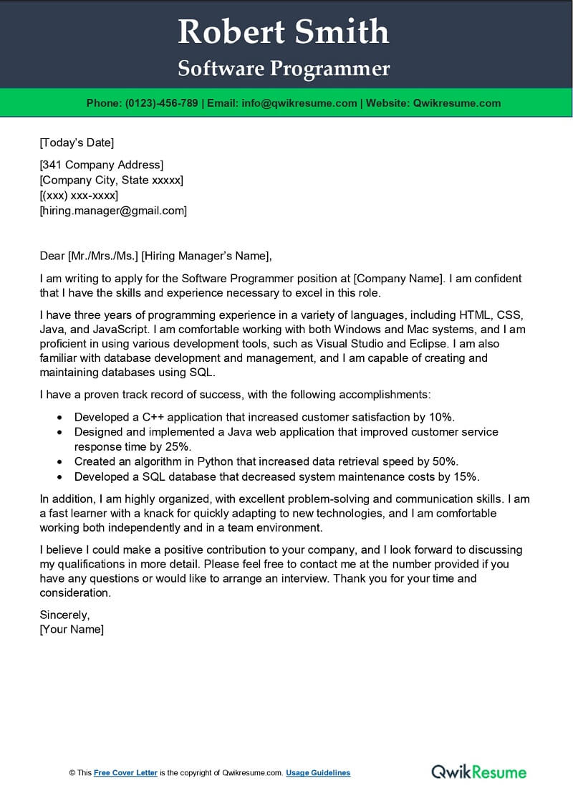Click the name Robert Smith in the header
point(284,32)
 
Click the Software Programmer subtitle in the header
point(284,68)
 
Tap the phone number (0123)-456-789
point(162,103)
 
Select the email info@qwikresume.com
point(299,103)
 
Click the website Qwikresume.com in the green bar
point(456,103)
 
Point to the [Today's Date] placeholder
point(77,143)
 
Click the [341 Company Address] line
point(102,165)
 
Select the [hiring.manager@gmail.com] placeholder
point(113,211)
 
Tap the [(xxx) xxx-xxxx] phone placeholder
point(79,196)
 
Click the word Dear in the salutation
point(52,256)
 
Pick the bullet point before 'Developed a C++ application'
point(59,417)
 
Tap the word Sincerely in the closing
point(64,615)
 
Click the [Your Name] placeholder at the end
point(72,630)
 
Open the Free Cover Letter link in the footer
point(125,773)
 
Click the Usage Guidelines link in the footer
point(318,773)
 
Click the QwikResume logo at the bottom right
point(478,772)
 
